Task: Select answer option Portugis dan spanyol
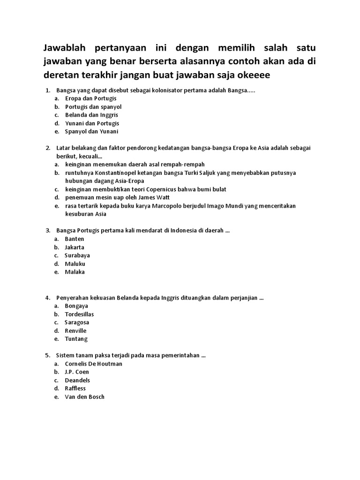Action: coord(93,107)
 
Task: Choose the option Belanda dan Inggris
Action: coord(91,115)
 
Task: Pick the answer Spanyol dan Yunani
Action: coord(91,132)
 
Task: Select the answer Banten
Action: coord(75,239)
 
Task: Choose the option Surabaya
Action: coord(77,255)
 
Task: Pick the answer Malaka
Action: coord(75,272)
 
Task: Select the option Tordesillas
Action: coord(79,314)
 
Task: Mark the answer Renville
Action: coord(75,330)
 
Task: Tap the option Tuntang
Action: coord(76,339)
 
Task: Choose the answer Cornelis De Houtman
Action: coord(93,364)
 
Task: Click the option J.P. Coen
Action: coord(77,372)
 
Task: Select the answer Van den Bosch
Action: coord(84,397)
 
